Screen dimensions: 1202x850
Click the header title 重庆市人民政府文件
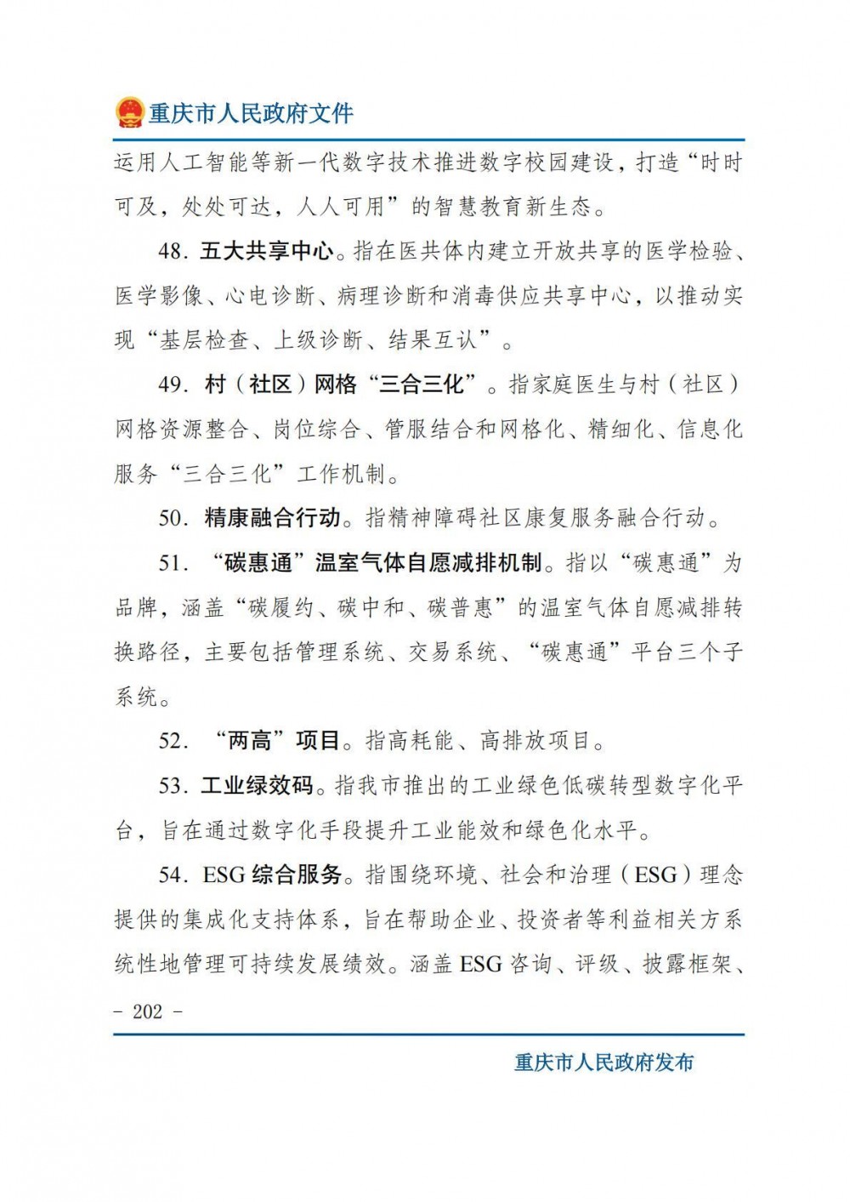tap(251, 113)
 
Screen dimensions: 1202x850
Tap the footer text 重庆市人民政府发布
tap(603, 1062)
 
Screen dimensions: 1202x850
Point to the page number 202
tap(148, 1011)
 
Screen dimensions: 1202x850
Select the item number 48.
tap(173, 251)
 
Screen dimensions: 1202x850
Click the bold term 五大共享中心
tap(267, 251)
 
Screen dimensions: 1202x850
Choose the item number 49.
tap(173, 385)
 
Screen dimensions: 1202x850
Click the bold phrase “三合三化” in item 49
tap(422, 385)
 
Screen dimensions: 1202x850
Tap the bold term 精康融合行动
tap(272, 517)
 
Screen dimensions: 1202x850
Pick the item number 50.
tap(173, 517)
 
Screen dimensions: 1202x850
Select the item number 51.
tap(173, 562)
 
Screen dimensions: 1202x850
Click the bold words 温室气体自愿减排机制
tap(428, 562)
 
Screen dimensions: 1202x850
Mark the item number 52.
tap(173, 740)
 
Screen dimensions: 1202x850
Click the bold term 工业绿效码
tap(257, 785)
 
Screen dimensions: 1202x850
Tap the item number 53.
tap(173, 785)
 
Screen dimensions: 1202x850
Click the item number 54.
tap(173, 874)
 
